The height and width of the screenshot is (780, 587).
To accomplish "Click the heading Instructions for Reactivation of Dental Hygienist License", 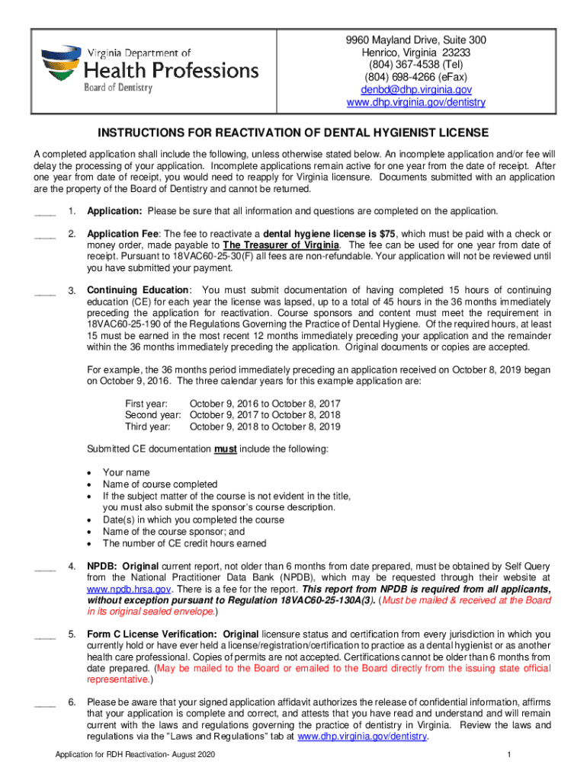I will coord(293,132).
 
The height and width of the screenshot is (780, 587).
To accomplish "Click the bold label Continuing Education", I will coord(138,290).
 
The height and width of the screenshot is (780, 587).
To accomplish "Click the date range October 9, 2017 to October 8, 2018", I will coord(265,415).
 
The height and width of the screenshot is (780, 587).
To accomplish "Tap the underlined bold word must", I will coord(225,449).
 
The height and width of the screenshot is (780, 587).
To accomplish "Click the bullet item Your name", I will coord(127,472).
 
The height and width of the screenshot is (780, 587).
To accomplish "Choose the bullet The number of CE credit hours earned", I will coord(184,543).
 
